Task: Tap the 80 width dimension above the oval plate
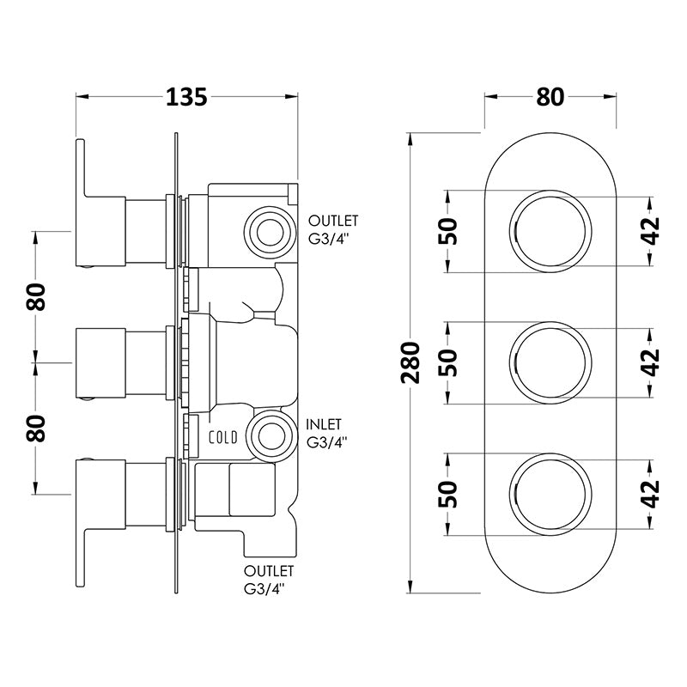pos(550,97)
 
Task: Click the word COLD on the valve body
pos(223,436)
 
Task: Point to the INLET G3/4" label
pos(325,434)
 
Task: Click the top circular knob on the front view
pos(550,230)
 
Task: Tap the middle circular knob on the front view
pos(550,361)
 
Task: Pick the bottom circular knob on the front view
pos(550,492)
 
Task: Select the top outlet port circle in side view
pos(270,229)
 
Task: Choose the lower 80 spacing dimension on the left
pos(36,427)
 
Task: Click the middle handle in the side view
pos(120,361)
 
